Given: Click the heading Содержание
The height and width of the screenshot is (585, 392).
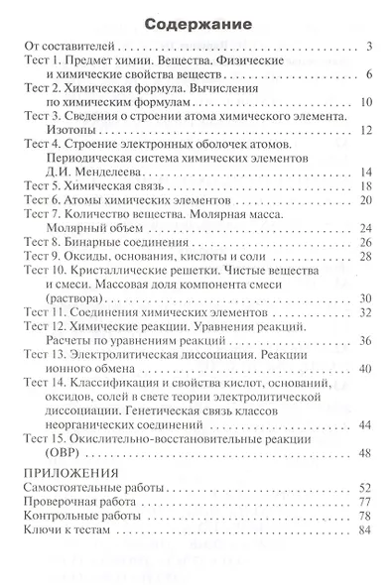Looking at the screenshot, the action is point(196,21).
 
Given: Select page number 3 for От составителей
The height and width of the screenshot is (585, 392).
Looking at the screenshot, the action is point(367,46).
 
